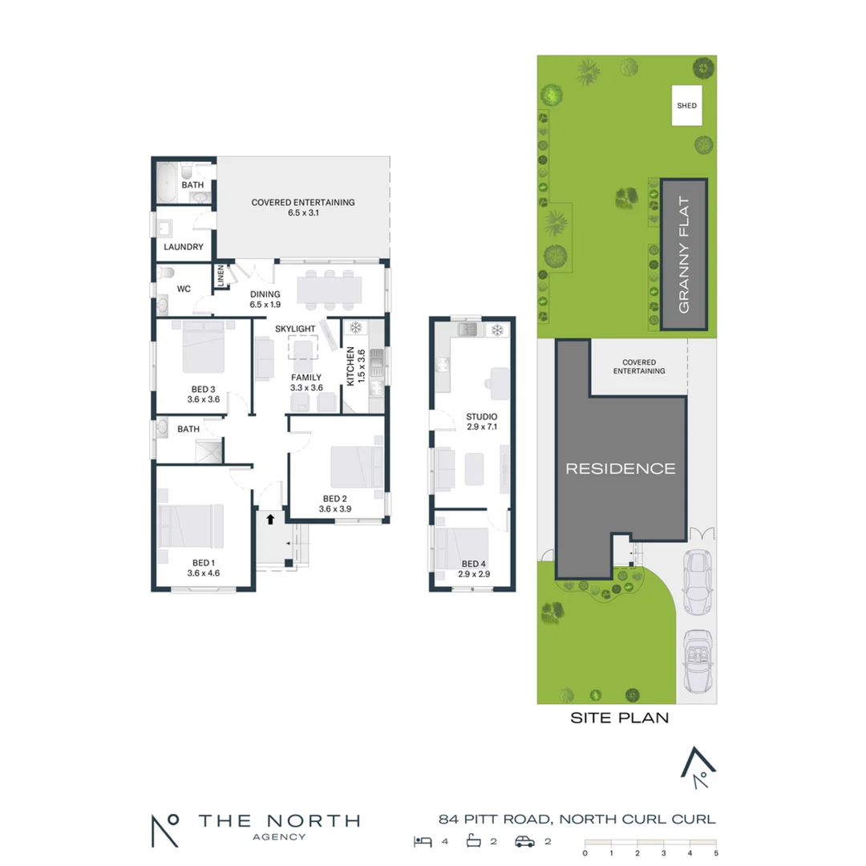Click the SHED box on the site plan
pyautogui.click(x=686, y=106)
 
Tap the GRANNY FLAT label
pyautogui.click(x=684, y=253)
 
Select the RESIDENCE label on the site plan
pyautogui.click(x=621, y=468)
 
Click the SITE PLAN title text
pyautogui.click(x=619, y=718)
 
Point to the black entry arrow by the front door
pyautogui.click(x=270, y=519)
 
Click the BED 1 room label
pyautogui.click(x=203, y=562)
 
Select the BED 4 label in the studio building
pyautogui.click(x=473, y=563)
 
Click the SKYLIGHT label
pyautogui.click(x=295, y=330)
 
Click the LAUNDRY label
pyautogui.click(x=184, y=247)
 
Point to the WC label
pyautogui.click(x=184, y=289)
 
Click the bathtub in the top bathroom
pyautogui.click(x=168, y=184)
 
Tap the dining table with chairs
pyautogui.click(x=329, y=288)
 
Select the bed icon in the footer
pyautogui.click(x=423, y=841)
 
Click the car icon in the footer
pyautogui.click(x=525, y=841)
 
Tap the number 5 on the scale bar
pyautogui.click(x=715, y=853)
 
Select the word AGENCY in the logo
pyautogui.click(x=278, y=837)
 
